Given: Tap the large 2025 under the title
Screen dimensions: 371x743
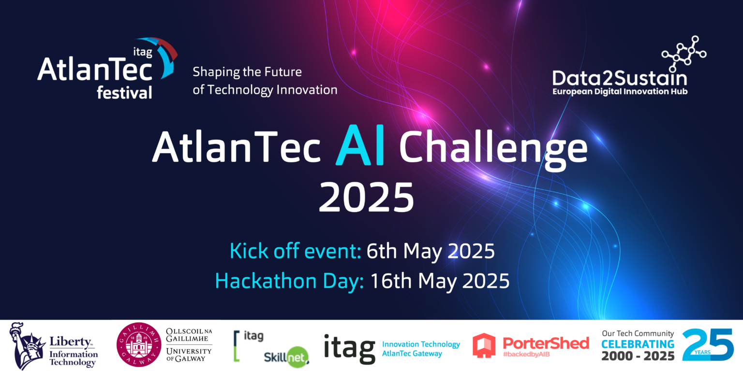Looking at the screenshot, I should tap(366, 197).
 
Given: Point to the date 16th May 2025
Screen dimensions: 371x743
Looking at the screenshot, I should tap(440, 281).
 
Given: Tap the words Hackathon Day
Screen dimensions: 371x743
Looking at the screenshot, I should tap(289, 281).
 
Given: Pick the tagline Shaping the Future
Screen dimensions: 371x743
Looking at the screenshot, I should tap(247, 72).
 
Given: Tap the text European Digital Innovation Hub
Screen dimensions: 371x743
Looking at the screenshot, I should tap(620, 91).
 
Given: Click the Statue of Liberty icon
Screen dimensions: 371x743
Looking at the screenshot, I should tap(26, 345).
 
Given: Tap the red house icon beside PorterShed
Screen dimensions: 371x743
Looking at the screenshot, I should tap(484, 345).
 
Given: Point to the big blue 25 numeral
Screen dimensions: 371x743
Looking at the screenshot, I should tap(707, 344).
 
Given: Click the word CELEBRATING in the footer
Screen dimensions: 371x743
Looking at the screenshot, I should tap(638, 344).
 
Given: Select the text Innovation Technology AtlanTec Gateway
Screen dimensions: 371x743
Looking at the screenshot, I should tap(420, 348).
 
